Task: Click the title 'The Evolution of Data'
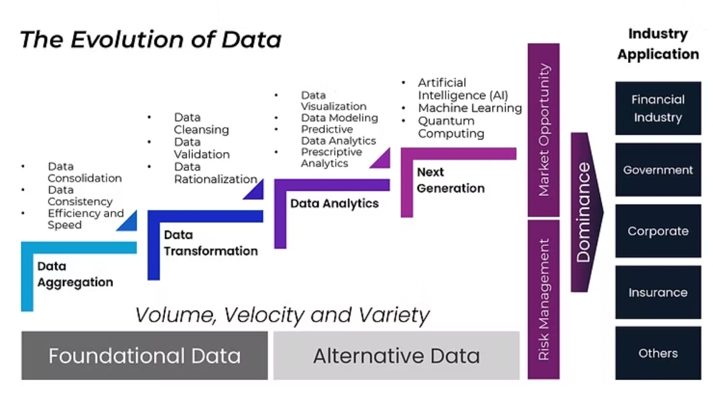150,40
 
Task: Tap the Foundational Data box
144,355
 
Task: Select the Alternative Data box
396,355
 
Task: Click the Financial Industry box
658,109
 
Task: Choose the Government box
658,170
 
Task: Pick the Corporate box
658,231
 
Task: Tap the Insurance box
658,292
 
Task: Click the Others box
658,353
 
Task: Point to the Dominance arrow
585,212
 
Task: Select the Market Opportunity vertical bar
544,130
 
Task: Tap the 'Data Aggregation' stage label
75,274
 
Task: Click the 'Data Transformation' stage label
211,243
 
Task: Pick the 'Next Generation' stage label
450,180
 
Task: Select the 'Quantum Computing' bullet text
450,127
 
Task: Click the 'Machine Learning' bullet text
469,108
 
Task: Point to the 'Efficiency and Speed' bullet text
85,219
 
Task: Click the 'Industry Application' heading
658,44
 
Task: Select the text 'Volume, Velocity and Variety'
282,314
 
